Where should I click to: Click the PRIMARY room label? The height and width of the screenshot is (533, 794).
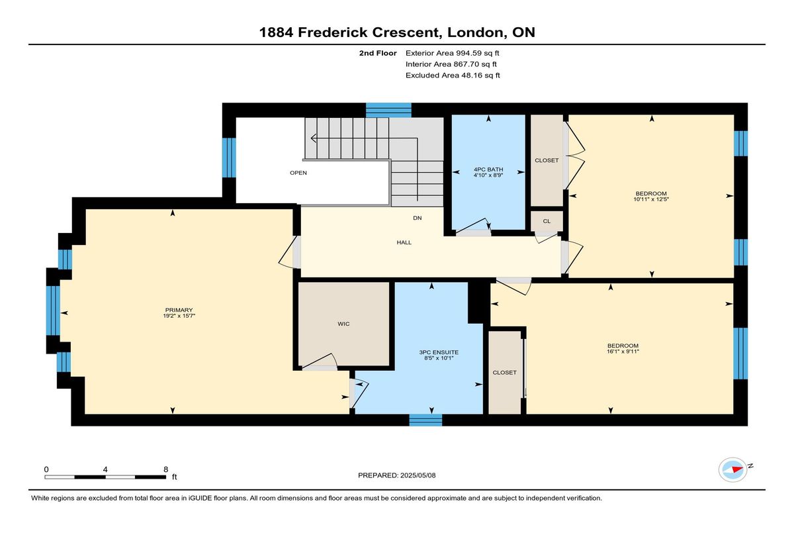click(x=179, y=310)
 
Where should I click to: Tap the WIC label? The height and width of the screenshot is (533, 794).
click(x=343, y=324)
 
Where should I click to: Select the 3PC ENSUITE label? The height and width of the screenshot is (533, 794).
click(x=439, y=352)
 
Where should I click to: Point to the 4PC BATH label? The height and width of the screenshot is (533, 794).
click(x=488, y=169)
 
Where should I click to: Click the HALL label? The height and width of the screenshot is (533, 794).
click(x=404, y=242)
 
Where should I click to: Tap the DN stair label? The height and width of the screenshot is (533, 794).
click(x=418, y=218)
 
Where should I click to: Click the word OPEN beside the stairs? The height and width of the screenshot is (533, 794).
click(x=298, y=173)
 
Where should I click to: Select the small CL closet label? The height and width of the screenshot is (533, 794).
click(x=547, y=221)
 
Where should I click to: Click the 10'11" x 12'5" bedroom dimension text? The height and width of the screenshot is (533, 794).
click(x=651, y=199)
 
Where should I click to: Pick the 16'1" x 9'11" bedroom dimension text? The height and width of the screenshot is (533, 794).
click(x=623, y=352)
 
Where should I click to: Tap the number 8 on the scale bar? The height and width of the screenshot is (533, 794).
click(x=166, y=469)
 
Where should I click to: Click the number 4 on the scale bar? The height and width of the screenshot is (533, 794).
click(x=105, y=469)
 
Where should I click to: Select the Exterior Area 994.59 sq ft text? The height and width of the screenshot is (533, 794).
click(x=453, y=53)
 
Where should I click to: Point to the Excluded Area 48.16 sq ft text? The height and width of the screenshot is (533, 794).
click(x=453, y=75)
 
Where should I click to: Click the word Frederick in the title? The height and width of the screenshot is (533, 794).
click(x=333, y=32)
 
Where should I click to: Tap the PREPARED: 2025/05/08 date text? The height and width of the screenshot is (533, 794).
click(x=396, y=475)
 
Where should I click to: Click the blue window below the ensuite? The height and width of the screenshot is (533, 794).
click(x=425, y=420)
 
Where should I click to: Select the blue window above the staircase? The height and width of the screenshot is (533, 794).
click(x=388, y=110)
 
